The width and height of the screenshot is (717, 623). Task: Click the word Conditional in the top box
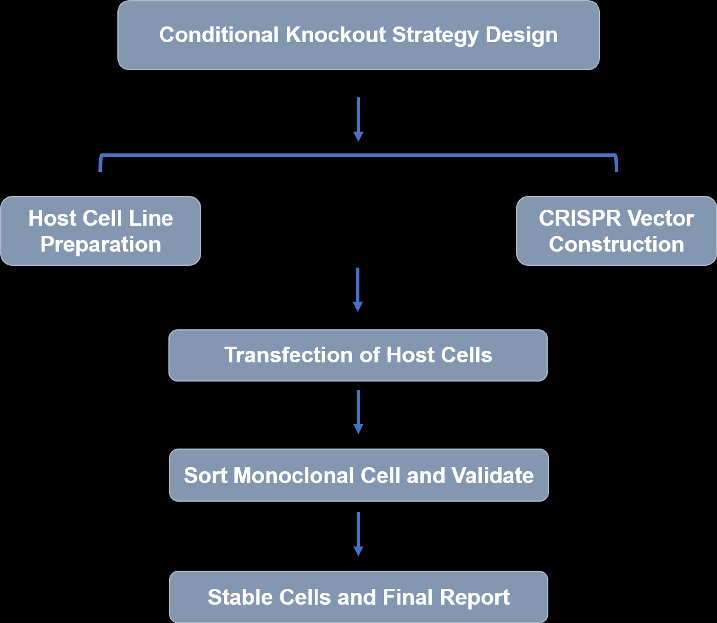[219, 35]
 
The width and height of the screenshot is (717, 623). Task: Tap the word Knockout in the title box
[335, 35]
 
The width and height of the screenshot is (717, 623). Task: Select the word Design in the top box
[521, 35]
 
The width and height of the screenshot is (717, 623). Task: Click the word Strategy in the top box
[435, 35]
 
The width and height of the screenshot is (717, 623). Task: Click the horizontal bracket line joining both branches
[358, 155]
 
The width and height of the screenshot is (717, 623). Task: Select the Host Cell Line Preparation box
[100, 231]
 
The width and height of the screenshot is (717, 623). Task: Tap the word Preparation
[100, 245]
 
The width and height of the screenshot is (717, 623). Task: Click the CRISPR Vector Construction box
[616, 231]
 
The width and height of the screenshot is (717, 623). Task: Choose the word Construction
[616, 244]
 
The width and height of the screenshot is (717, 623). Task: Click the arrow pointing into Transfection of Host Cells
[358, 289]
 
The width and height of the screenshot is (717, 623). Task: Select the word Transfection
[288, 355]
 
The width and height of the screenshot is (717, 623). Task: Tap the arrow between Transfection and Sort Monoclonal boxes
[358, 412]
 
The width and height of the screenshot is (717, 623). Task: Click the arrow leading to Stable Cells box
[358, 534]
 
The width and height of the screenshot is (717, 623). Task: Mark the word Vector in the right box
[660, 218]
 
